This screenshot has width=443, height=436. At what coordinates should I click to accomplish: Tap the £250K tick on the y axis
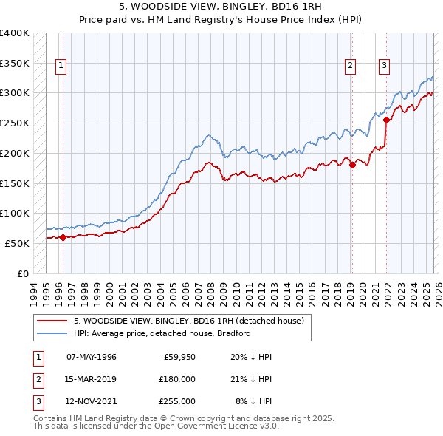pyautogui.click(x=15, y=123)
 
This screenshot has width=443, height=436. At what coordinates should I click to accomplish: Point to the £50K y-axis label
pyautogui.click(x=17, y=243)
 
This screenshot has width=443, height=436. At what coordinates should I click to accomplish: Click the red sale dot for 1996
pyautogui.click(x=63, y=237)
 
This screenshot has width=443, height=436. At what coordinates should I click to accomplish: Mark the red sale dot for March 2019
pyautogui.click(x=352, y=166)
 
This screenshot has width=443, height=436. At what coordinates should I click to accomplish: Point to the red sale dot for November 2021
pyautogui.click(x=386, y=120)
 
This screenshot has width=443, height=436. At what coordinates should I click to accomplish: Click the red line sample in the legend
pyautogui.click(x=52, y=321)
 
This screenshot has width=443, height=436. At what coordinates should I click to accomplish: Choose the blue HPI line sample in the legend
pyautogui.click(x=52, y=333)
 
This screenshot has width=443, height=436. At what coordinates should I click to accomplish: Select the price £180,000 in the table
pyautogui.click(x=176, y=379)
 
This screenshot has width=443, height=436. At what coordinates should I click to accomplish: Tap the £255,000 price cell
pyautogui.click(x=176, y=401)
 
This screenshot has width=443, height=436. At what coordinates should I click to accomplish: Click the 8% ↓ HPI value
pyautogui.click(x=253, y=401)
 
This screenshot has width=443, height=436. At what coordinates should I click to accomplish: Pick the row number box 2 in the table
pyautogui.click(x=38, y=379)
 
